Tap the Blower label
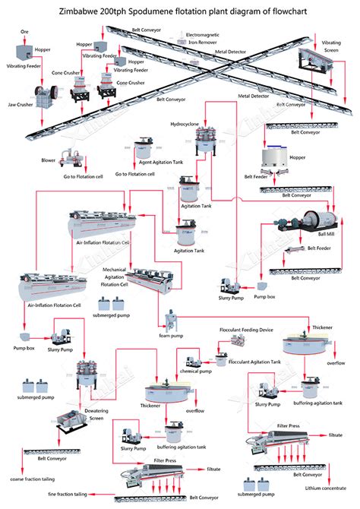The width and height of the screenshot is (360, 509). (x=49, y=160)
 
